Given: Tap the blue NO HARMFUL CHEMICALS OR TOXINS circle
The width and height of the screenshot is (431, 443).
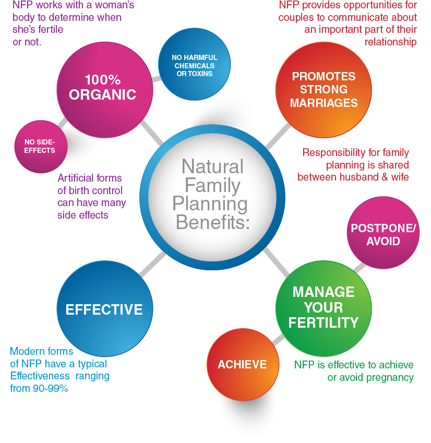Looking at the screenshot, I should click(194, 65).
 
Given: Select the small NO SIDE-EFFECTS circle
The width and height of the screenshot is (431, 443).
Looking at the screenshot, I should click(39, 147).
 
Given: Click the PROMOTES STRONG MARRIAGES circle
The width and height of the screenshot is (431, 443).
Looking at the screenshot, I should click(324, 90).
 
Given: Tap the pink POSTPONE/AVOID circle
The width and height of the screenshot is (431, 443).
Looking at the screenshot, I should click(383, 234).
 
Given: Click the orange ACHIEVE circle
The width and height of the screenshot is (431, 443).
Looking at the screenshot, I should click(242, 365).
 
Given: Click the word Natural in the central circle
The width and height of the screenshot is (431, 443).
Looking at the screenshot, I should click(212, 166).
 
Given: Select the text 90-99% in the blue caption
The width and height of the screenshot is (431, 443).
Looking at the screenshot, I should click(51, 389).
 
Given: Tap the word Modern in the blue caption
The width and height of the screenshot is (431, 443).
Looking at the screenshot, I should click(26, 351).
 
